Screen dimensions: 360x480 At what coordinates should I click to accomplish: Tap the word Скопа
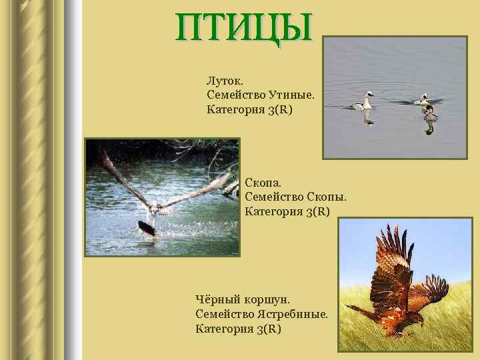(x=263, y=183)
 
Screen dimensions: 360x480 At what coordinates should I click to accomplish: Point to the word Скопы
(x=327, y=197)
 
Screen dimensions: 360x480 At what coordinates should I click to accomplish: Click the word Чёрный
(x=218, y=301)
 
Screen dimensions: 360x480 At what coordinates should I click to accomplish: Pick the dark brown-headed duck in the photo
(x=429, y=111)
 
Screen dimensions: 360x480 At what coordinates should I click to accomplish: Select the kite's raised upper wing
(x=387, y=250)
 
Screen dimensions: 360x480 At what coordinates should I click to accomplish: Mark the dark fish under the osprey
(x=146, y=229)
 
